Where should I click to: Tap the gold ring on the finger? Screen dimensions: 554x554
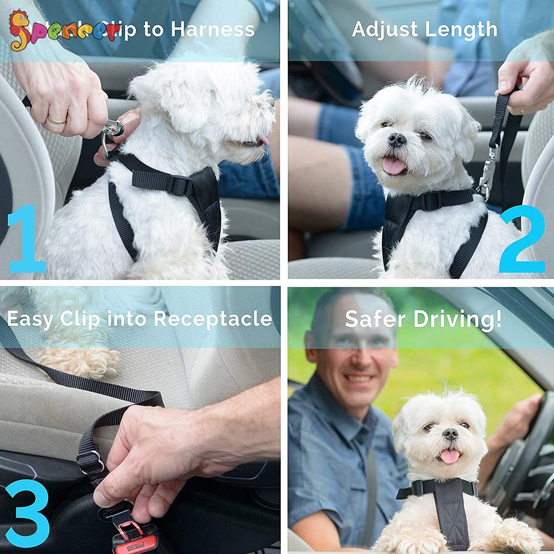[56, 120]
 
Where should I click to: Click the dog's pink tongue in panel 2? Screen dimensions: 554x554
[393, 165]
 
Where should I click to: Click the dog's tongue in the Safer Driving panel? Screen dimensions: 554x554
[449, 456]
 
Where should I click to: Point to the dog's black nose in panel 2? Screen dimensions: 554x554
[397, 140]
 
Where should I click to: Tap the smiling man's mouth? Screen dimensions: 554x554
[359, 378]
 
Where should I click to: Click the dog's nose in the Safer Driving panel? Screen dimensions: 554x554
[450, 434]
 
